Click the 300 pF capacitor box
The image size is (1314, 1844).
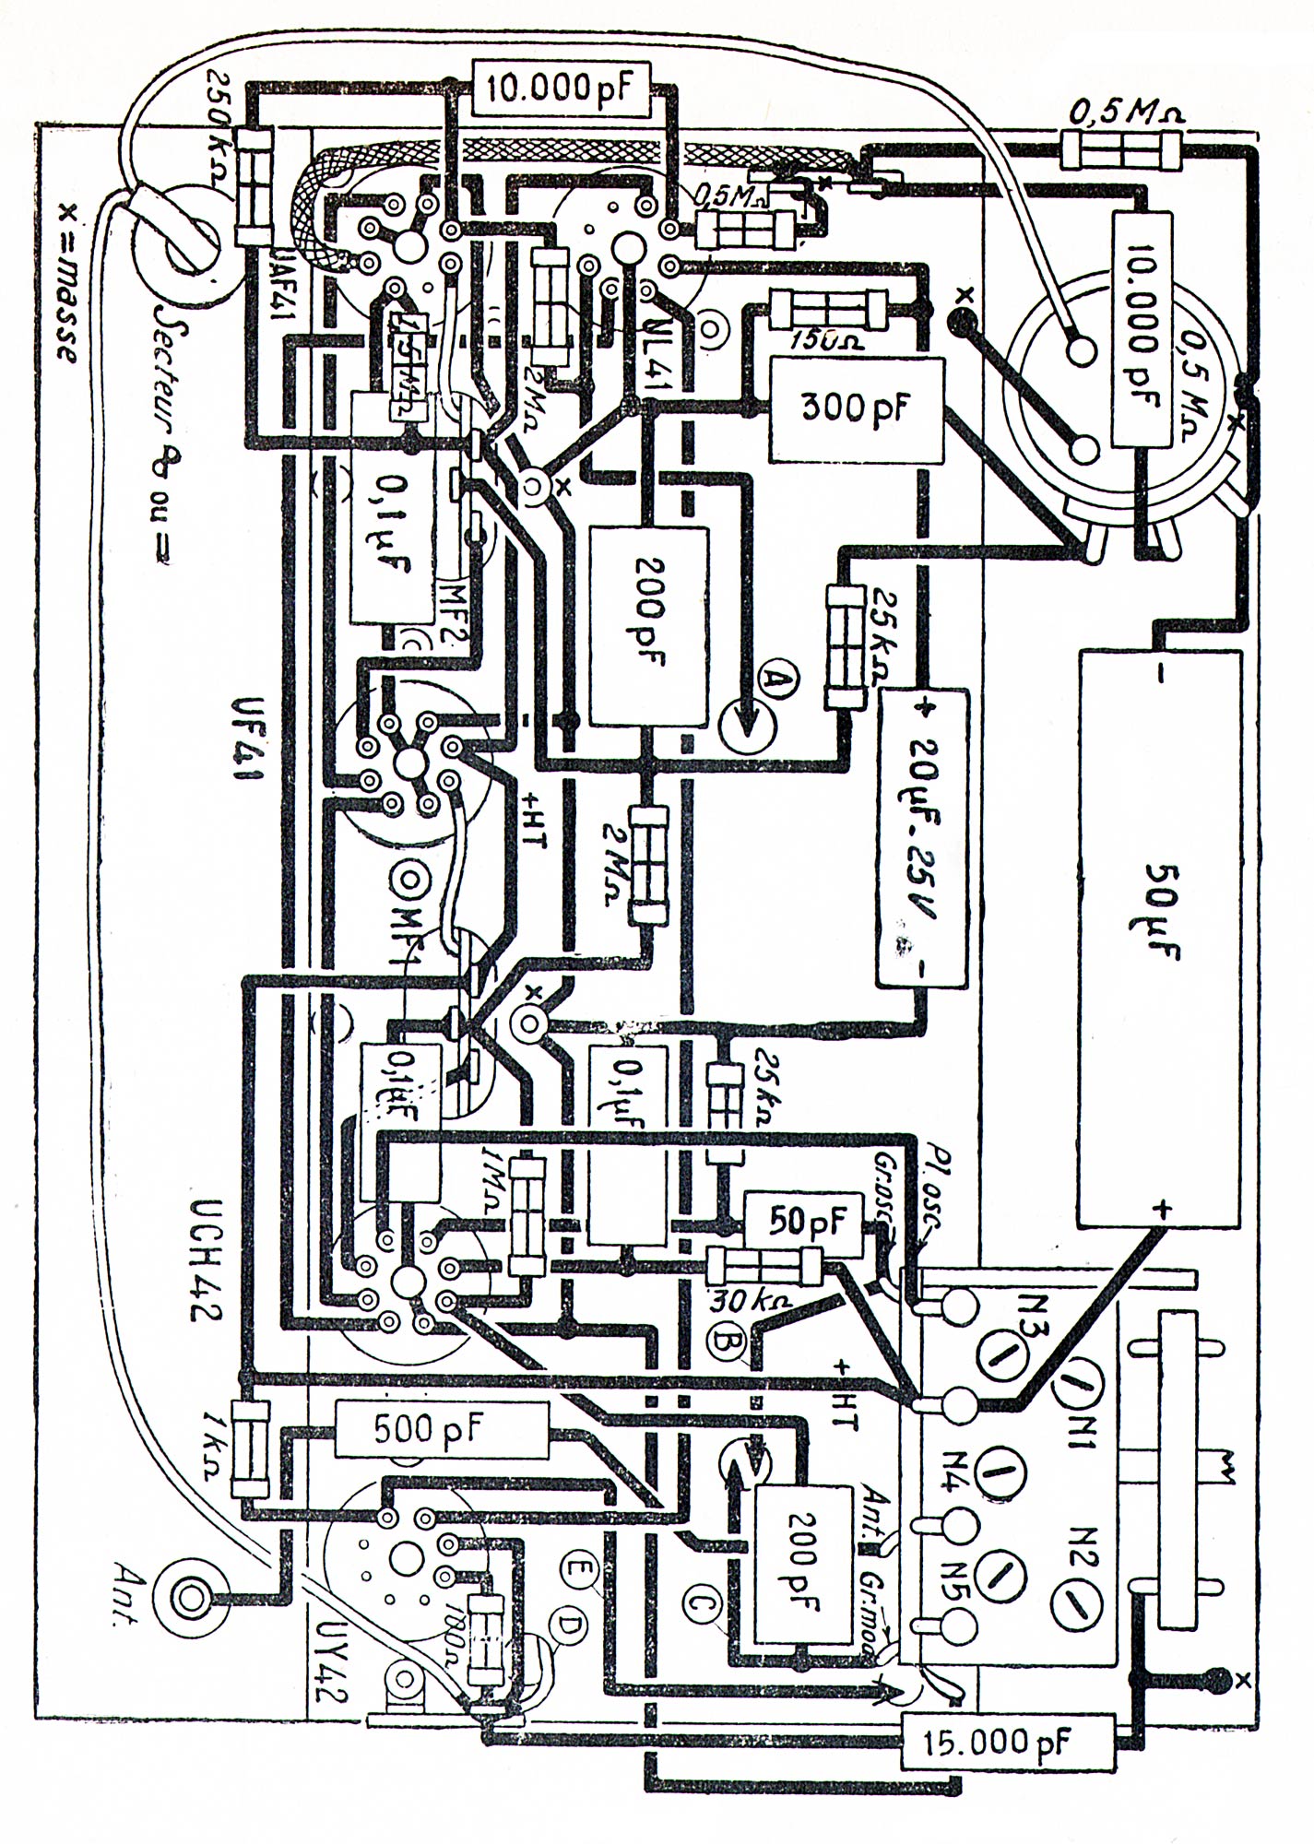coord(857,410)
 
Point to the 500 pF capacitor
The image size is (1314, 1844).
coord(429,1430)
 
